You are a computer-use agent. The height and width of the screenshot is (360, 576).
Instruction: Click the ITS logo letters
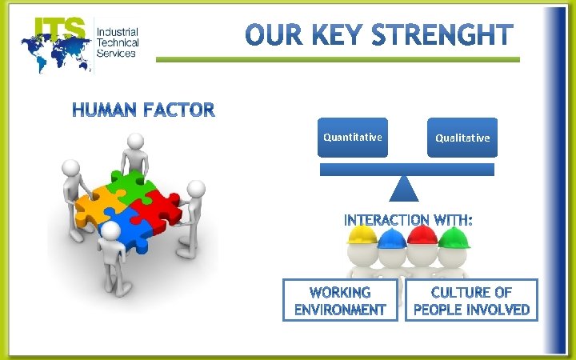59,30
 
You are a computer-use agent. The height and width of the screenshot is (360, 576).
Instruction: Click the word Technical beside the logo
117,42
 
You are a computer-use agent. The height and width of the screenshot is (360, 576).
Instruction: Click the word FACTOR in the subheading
179,110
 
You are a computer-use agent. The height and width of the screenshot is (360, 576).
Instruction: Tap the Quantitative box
352,137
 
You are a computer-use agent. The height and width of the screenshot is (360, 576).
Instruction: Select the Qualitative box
462,138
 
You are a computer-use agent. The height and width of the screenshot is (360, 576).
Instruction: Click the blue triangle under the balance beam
404,189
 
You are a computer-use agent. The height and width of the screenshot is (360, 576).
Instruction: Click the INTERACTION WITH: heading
408,219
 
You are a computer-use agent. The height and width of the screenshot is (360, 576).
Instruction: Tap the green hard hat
454,237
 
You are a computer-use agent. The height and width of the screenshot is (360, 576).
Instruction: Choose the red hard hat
422,234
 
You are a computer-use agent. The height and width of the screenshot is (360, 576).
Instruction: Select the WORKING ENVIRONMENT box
340,300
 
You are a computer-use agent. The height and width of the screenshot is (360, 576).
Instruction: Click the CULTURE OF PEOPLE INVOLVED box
471,300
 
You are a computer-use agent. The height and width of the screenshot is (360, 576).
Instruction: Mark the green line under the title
337,59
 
